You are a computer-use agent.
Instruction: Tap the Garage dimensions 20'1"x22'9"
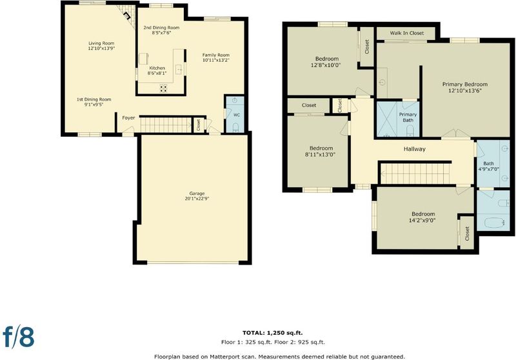(x=197, y=199)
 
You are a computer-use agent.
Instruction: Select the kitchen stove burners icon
(x=163, y=88)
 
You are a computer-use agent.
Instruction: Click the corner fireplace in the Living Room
(x=126, y=15)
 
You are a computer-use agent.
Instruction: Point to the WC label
(x=237, y=115)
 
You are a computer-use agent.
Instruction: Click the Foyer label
(x=128, y=118)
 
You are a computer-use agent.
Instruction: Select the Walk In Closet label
(x=407, y=33)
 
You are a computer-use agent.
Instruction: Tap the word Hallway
(x=415, y=149)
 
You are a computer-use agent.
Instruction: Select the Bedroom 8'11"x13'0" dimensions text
(x=320, y=154)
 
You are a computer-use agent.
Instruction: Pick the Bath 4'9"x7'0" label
(x=489, y=166)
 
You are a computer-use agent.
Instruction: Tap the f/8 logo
(x=19, y=336)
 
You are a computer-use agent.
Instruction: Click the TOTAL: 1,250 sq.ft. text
(x=272, y=333)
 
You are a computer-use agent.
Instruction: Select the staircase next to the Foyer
(x=166, y=125)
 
